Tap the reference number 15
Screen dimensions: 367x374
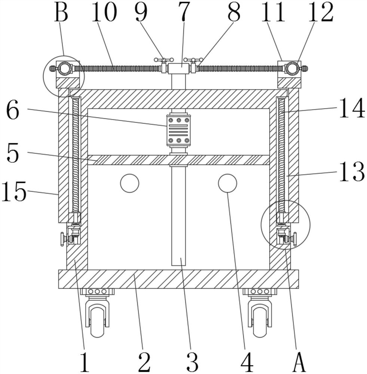14,191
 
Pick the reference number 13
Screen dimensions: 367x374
352,172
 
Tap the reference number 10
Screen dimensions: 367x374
104,12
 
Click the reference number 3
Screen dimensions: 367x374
193,362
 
